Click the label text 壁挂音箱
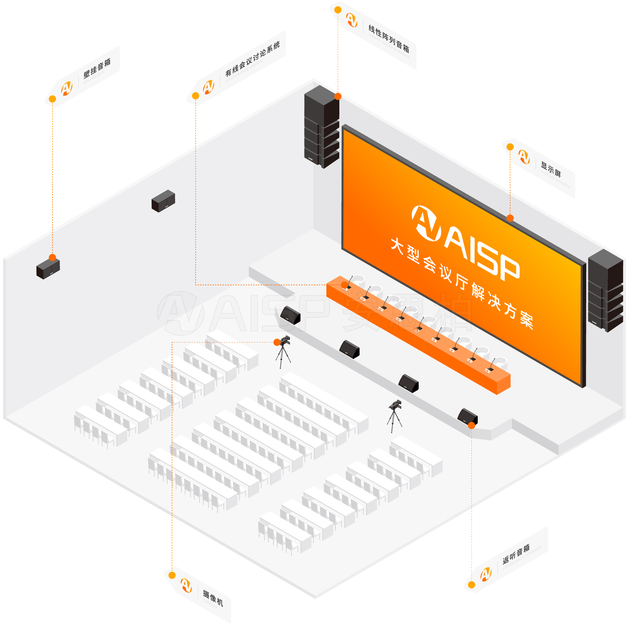pyautogui.click(x=97, y=68)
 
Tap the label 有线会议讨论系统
pyautogui.click(x=252, y=59)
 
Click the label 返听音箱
pyautogui.click(x=516, y=554)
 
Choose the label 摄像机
pyautogui.click(x=213, y=598)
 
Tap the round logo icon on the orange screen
pyautogui.click(x=426, y=223)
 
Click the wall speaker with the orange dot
pyautogui.click(x=48, y=269)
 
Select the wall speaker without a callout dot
pyautogui.click(x=164, y=201)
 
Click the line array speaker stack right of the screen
pyautogui.click(x=605, y=290)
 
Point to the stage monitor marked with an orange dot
pyautogui.click(x=468, y=417)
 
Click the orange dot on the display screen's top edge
pyautogui.click(x=510, y=218)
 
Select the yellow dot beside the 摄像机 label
pyautogui.click(x=172, y=575)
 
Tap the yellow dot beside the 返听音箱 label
pyautogui.click(x=471, y=585)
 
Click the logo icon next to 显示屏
pyautogui.click(x=524, y=157)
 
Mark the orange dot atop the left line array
pyautogui.click(x=338, y=96)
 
